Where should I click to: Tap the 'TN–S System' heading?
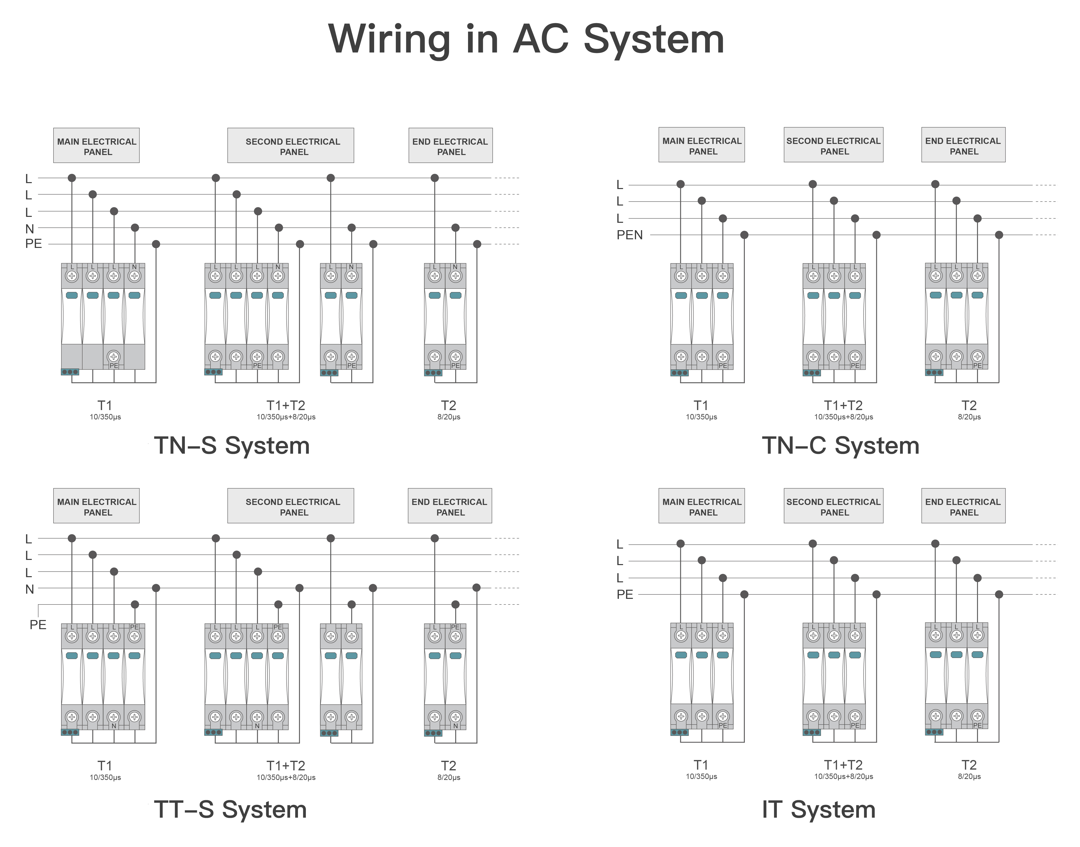[x=232, y=445]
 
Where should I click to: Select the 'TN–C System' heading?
[x=840, y=445]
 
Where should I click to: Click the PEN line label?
[x=629, y=235]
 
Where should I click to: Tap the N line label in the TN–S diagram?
[x=30, y=229]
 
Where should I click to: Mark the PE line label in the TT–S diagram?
[x=38, y=625]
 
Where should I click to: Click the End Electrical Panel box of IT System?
[x=963, y=506]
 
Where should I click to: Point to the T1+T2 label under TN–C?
[x=843, y=406]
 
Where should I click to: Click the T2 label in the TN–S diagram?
[x=448, y=406]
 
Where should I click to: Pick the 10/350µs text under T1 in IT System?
[x=701, y=777]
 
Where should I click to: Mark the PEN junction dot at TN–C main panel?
[x=744, y=235]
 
